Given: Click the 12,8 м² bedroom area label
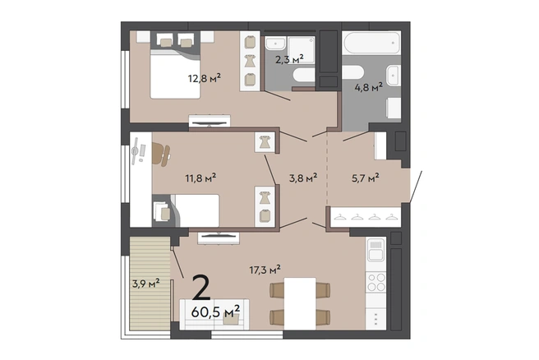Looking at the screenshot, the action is tap(205, 78).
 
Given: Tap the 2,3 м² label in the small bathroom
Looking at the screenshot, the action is tap(289, 59).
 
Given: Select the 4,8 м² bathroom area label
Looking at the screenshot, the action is tap(368, 87).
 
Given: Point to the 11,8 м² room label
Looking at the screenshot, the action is tap(200, 178).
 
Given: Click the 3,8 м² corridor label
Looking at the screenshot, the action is tap(303, 178).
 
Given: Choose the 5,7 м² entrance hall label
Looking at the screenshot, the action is tap(366, 178).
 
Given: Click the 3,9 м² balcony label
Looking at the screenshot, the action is tap(146, 284).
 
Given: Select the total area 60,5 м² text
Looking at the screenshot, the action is tap(215, 312).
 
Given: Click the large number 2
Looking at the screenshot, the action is tap(201, 288).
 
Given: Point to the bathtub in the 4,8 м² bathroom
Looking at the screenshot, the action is tap(371, 43).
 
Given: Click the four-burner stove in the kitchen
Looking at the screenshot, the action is tap(375, 282).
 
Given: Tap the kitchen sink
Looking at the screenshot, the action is tap(375, 250).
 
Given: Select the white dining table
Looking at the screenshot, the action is tap(300, 303).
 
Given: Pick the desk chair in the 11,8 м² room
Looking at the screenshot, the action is tap(161, 154).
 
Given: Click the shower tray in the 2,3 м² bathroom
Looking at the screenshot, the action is tap(301, 50).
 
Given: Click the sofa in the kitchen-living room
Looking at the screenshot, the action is tap(214, 315).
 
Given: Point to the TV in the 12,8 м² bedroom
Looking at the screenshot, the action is tap(210, 123).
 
